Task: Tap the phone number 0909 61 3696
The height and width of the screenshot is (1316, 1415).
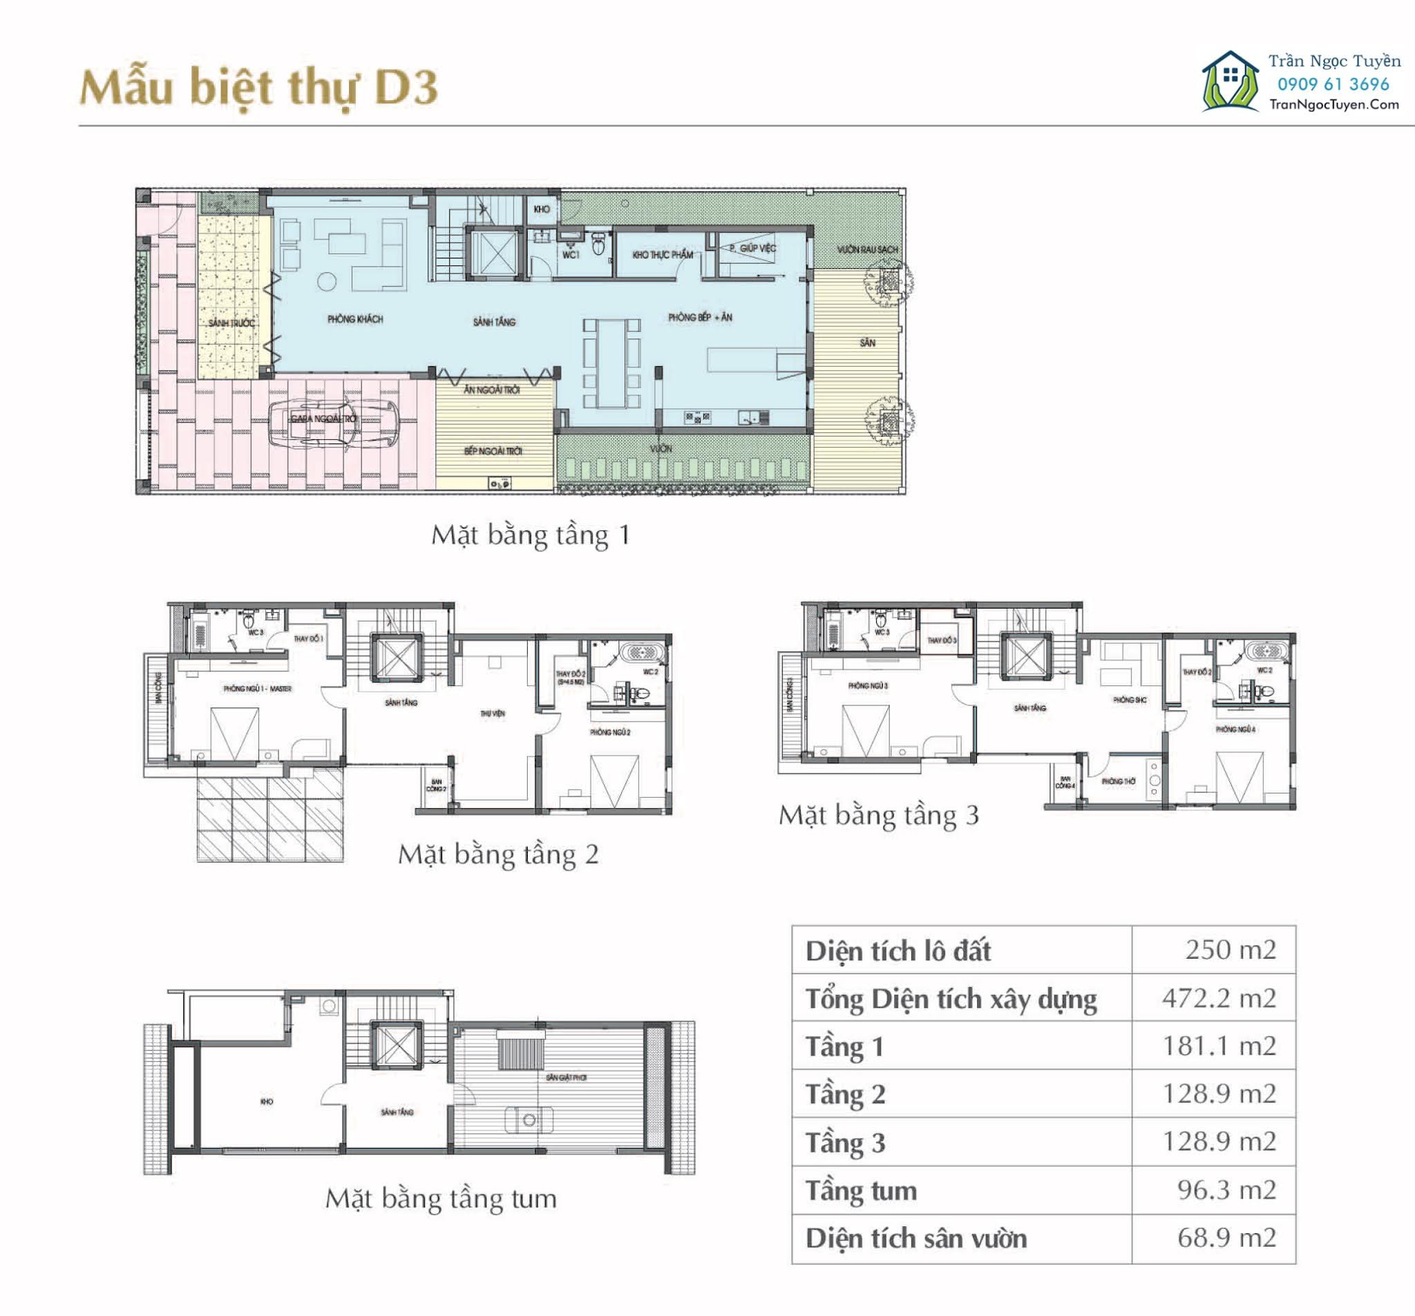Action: tap(1333, 84)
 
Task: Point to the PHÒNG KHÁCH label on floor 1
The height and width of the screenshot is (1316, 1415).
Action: tap(355, 319)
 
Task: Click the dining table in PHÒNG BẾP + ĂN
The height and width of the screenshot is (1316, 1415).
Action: tap(611, 363)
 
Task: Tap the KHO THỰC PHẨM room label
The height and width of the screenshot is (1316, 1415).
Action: tap(662, 254)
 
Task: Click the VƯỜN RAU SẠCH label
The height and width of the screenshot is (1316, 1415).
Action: tap(867, 250)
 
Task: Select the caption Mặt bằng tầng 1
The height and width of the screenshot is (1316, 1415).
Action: tap(530, 535)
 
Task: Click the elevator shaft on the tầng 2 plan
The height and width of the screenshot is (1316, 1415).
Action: tap(395, 658)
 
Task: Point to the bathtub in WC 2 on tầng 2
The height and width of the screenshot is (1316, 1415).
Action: tap(643, 652)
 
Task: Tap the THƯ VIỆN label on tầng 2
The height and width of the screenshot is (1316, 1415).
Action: tap(493, 713)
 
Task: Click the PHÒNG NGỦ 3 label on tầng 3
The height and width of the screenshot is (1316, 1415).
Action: tap(868, 686)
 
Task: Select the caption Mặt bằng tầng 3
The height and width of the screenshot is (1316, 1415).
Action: tap(878, 815)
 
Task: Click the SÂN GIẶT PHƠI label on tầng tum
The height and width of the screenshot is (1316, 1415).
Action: tap(566, 1078)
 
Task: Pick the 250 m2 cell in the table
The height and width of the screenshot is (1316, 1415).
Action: tap(1230, 949)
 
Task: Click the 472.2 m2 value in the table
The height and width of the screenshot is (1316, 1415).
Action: tap(1219, 998)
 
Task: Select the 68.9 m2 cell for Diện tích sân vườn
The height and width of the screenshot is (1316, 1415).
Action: tap(1226, 1238)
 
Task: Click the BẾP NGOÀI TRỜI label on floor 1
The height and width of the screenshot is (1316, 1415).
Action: tap(493, 451)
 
